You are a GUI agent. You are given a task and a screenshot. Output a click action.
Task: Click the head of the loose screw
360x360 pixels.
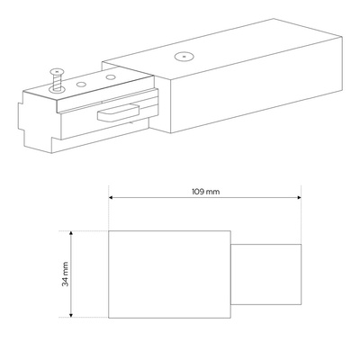click(57, 72)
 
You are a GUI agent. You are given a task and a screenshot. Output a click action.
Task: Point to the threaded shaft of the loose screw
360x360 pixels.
click(57, 82)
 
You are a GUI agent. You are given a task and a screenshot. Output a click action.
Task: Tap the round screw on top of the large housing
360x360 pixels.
click(184, 56)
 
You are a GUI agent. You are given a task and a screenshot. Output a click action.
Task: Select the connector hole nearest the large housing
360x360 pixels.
click(111, 77)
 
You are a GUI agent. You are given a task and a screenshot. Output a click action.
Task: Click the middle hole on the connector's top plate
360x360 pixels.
click(80, 85)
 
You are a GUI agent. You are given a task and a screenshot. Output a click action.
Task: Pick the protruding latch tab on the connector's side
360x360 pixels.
click(118, 112)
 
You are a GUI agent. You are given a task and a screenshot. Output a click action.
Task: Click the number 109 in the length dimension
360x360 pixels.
click(198, 192)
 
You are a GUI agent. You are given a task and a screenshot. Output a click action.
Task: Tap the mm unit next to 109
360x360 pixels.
click(213, 192)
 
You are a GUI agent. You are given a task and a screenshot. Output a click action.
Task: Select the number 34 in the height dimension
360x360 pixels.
click(65, 282)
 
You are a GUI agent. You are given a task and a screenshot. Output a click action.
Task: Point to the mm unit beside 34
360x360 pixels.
click(66, 269)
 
